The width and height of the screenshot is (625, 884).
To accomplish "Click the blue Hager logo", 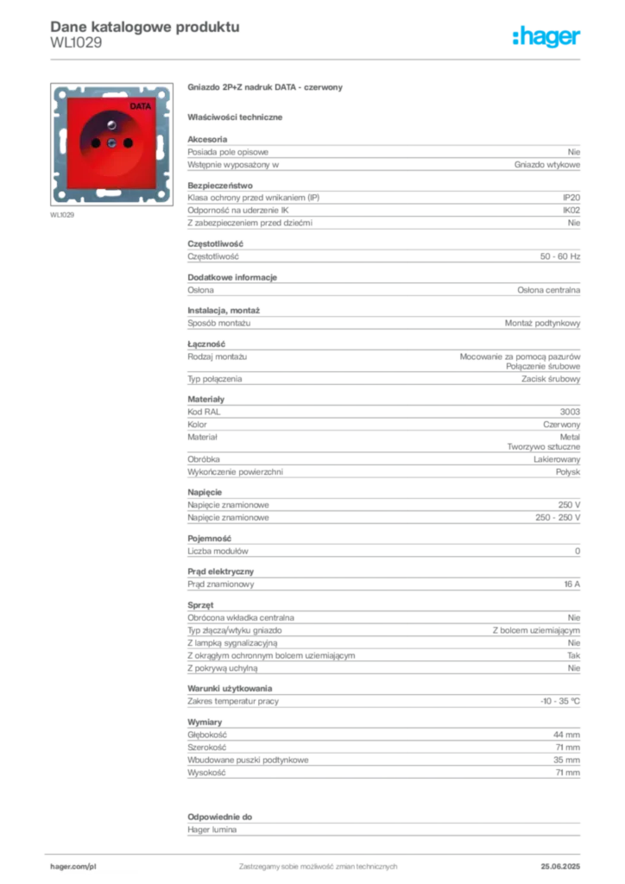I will point(547,37).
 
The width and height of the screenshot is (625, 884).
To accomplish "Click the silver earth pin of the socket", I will point(111,125).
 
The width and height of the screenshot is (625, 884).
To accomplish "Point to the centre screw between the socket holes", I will point(110,144).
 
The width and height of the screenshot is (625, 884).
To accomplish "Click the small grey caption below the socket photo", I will point(61,215).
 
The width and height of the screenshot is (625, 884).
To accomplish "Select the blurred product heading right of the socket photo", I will point(265,88).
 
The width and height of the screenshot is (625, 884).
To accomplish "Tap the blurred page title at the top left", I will point(143,27).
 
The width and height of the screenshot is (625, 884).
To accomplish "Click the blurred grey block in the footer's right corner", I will point(562,861).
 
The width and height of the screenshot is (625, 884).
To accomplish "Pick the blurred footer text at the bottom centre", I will point(317,862).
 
